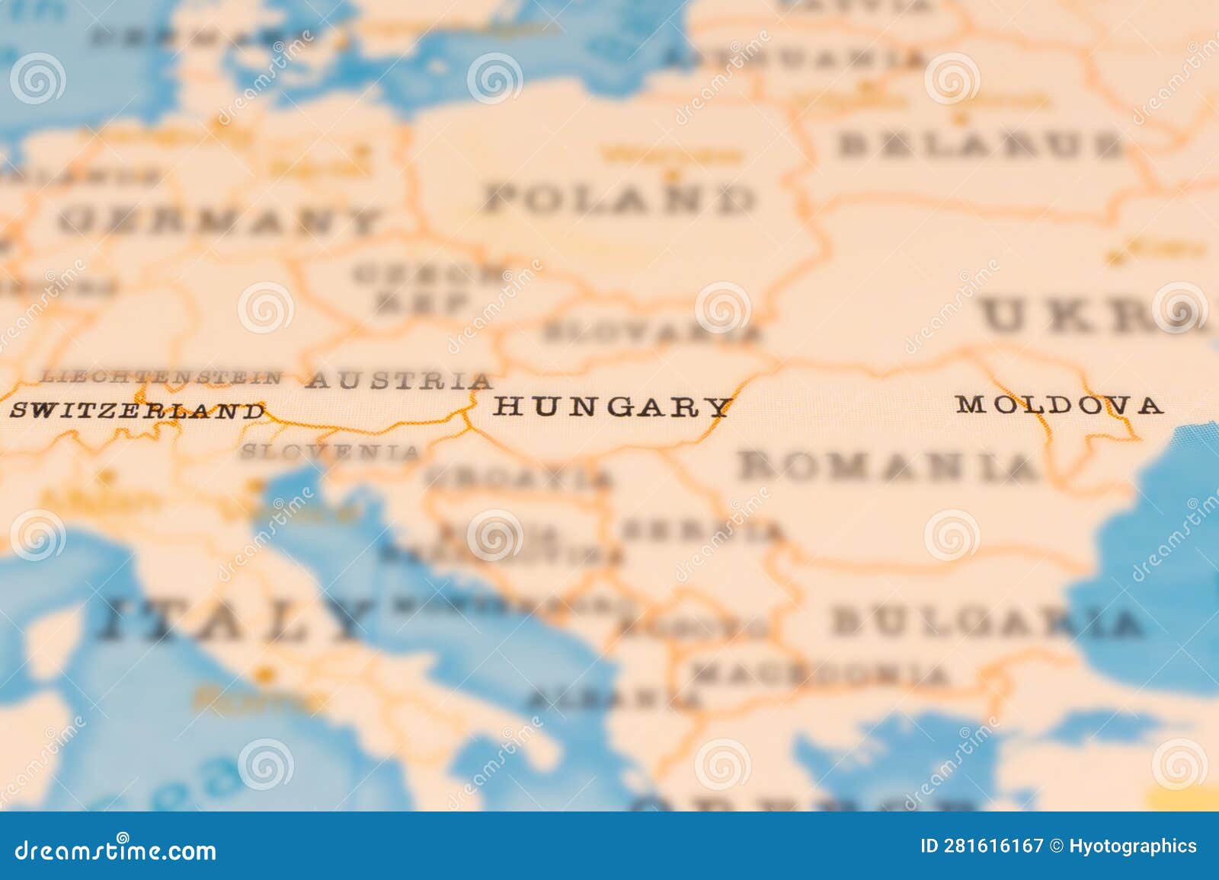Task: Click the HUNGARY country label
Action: (612, 407)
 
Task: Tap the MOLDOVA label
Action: (1060, 405)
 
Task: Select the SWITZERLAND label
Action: (136, 411)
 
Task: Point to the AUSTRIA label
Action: (398, 380)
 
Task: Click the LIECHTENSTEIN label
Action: (161, 376)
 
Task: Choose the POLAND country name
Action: (619, 199)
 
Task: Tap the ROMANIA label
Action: (888, 466)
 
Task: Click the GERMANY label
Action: (219, 222)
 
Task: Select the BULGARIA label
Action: (987, 622)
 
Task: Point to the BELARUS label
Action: (981, 145)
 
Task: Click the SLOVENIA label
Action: (330, 451)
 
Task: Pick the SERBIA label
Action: (702, 531)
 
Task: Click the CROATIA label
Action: (519, 478)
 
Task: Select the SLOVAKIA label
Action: (651, 332)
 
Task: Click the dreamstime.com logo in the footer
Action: (116, 850)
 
